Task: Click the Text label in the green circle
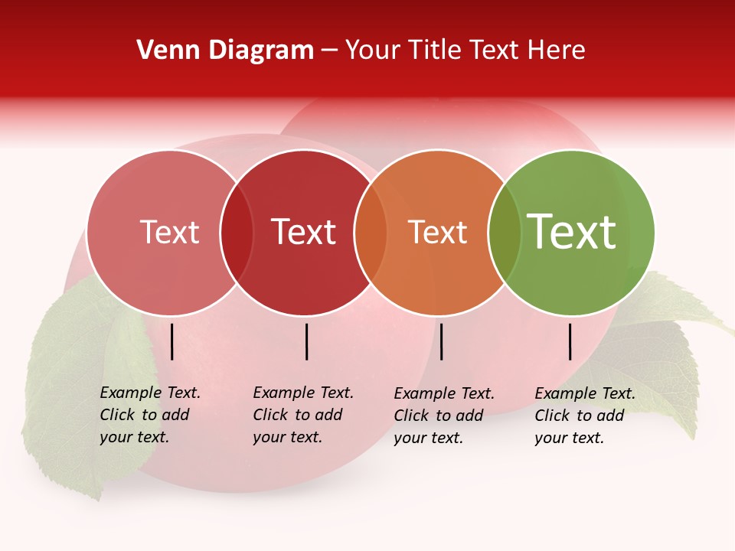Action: (x=571, y=232)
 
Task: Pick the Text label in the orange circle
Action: (x=437, y=233)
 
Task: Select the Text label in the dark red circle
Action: (x=303, y=233)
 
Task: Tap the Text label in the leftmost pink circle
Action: (x=169, y=233)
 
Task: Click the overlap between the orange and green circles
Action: (x=504, y=233)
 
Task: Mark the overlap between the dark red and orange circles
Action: (x=370, y=233)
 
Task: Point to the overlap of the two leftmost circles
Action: (x=236, y=233)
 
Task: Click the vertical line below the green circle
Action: (x=570, y=341)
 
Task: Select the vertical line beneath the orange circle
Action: (x=441, y=341)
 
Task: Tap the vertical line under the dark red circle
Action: (x=306, y=341)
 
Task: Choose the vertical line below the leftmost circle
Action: (x=171, y=341)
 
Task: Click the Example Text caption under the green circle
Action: (x=584, y=416)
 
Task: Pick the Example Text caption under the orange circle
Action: (x=443, y=416)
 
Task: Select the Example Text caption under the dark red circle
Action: (x=302, y=415)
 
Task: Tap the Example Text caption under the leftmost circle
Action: (x=149, y=415)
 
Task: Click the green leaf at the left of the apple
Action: (x=84, y=383)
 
